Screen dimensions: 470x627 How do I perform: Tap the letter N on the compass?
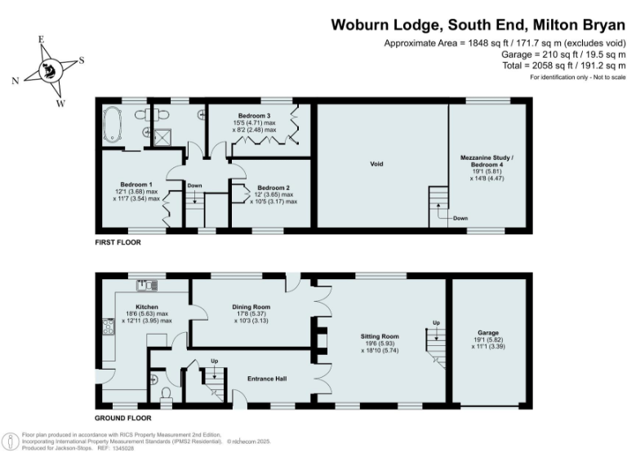tap(16, 80)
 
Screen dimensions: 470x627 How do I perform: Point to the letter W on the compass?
tap(59, 103)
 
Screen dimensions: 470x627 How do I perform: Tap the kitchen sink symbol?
tap(148, 284)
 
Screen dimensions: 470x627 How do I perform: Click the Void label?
tap(376, 164)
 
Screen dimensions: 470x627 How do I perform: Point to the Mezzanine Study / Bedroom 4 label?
tap(490, 160)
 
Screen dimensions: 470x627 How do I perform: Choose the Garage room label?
tap(489, 332)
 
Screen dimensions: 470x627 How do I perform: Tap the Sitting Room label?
tap(380, 335)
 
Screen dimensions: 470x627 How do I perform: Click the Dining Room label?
tap(253, 307)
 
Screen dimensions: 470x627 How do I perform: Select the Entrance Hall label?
tap(266, 379)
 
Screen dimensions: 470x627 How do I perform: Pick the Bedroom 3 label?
tap(254, 116)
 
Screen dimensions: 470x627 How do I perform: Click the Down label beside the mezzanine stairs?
tap(460, 218)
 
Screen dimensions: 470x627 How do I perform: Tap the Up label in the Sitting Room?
tap(436, 323)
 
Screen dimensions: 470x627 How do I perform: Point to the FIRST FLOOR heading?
tap(118, 242)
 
